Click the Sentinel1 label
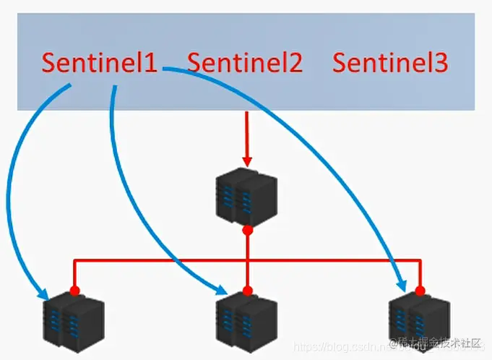(99, 62)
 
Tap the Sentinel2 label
(245, 63)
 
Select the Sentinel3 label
(390, 63)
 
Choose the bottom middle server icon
(246, 321)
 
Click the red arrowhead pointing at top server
(247, 160)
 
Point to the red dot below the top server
(247, 230)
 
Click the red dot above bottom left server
(74, 291)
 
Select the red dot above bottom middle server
(247, 291)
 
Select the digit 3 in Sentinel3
(440, 63)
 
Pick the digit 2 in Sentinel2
(294, 63)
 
